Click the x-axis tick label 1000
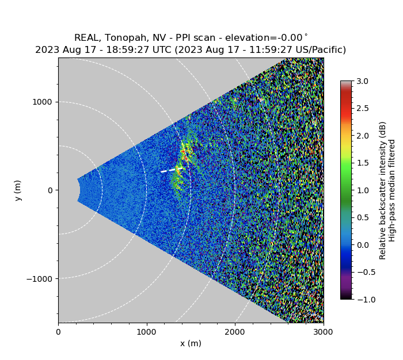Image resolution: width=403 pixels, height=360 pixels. point(146,332)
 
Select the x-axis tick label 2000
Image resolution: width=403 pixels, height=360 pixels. point(235,332)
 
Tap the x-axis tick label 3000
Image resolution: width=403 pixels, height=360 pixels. point(323,332)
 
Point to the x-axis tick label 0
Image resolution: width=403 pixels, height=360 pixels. point(58,332)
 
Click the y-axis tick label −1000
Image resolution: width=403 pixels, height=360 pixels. point(40,279)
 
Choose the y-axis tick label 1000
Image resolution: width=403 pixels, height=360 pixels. point(42,102)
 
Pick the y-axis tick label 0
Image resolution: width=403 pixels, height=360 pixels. point(50,190)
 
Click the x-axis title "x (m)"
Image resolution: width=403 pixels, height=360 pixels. point(191,343)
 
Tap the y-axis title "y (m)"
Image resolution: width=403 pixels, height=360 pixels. point(18,190)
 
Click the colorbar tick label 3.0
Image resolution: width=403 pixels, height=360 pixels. point(362,81)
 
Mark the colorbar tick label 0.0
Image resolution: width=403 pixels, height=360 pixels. point(362,245)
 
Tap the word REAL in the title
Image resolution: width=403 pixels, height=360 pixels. point(86,38)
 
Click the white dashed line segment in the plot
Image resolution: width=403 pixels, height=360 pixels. point(170,170)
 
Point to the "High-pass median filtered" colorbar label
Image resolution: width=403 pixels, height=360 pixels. point(393,190)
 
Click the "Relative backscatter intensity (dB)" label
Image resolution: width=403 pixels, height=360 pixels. point(383,190)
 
